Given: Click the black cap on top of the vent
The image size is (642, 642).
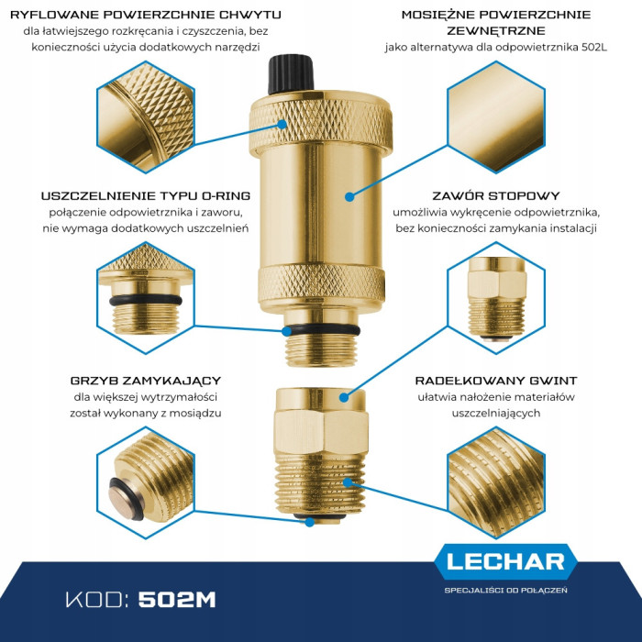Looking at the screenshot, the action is point(291,74).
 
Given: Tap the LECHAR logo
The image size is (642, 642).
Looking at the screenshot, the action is point(505,561).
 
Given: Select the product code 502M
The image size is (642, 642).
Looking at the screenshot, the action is point(177,600).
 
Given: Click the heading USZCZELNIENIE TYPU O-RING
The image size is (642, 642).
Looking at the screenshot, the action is point(145,195).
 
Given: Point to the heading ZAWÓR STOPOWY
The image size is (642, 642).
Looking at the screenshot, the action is point(496,195).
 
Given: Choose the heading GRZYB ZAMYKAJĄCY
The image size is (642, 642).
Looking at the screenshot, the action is point(145,381).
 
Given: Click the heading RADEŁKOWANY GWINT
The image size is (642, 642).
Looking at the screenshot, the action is point(496,381).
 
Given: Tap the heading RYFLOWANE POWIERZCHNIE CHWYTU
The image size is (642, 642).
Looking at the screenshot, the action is point(145,15).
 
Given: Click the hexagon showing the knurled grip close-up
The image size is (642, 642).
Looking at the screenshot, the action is point(146,117).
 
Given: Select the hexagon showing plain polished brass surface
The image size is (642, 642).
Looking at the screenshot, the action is point(496,117).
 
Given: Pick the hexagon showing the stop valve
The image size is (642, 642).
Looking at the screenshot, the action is point(496,298).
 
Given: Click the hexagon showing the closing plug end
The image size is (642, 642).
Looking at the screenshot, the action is point(146,483).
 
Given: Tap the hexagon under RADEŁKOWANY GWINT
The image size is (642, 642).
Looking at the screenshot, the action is point(496,483).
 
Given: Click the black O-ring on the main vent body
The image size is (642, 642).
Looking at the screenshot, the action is point(321,329).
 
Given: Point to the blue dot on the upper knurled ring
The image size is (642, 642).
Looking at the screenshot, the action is point(282,124).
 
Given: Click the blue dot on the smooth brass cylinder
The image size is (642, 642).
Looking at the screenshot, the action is point(349,197).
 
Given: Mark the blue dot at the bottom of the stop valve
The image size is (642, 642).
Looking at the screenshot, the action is point(310,522).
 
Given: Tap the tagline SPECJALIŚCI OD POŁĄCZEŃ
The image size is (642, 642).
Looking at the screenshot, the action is point(505,590).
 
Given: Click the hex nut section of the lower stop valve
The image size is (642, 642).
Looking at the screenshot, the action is point(321,432).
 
